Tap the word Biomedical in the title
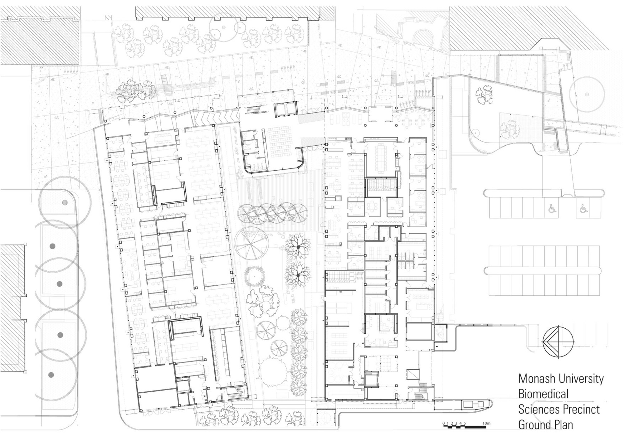pyautogui.click(x=543, y=394)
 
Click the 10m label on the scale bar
pyautogui.click(x=486, y=423)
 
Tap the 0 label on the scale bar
pyautogui.click(x=444, y=423)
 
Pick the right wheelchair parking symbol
pyautogui.click(x=583, y=209)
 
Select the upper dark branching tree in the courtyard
pyautogui.click(x=298, y=247)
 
